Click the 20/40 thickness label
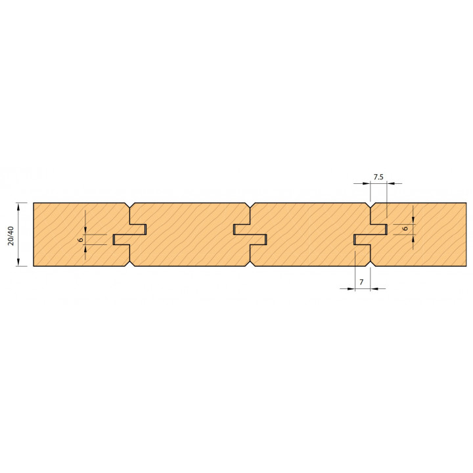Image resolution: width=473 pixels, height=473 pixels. coord(11,236)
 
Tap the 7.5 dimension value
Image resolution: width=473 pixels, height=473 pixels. coord(378,177)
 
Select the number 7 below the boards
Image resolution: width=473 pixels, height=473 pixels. coord(361,282)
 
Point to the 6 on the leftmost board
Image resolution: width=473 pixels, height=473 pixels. coord(81,240)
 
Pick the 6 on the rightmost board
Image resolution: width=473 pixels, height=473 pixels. coord(406,229)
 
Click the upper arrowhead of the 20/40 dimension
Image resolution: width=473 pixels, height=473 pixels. coord(18,207)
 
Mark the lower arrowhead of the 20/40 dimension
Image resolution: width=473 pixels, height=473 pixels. coord(18,262)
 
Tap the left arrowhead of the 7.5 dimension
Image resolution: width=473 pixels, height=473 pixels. coord(366,183)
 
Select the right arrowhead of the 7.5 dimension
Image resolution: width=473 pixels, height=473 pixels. coord(391,183)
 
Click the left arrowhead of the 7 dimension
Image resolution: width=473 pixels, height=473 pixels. coord(351,288)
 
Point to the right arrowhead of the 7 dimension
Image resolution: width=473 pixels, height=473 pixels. coord(374,288)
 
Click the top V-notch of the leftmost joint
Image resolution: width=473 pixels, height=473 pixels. coord(129,205)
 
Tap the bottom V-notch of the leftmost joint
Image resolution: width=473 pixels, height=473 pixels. coord(129,263)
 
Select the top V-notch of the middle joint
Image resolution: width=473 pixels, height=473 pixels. coord(250,205)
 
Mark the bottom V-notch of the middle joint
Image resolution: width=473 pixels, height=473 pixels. coord(250,263)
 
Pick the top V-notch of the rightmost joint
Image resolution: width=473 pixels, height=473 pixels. coord(370,205)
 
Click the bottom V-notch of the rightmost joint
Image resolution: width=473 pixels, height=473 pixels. coord(370,263)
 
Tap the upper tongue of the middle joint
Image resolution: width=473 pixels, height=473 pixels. coord(242,229)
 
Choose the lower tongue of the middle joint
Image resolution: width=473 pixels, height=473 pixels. coord(258,240)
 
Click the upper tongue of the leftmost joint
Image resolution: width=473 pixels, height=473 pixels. coord(138,229)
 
